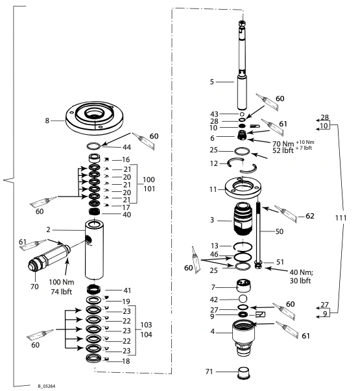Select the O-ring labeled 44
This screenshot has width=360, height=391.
click(x=94, y=146)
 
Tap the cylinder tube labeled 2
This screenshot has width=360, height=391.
click(x=94, y=250)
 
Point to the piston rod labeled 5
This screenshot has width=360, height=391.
click(x=242, y=65)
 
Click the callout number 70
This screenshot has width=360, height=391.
click(x=34, y=287)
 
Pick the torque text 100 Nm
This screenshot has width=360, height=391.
click(x=62, y=282)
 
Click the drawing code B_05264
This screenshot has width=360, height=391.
click(x=47, y=386)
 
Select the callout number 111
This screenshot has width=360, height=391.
click(x=341, y=218)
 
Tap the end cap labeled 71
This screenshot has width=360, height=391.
click(x=244, y=373)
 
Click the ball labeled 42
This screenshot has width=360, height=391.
click(x=243, y=298)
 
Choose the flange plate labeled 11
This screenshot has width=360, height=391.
click(x=243, y=187)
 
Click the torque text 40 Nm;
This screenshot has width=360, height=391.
click(x=301, y=272)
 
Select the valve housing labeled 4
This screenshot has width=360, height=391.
click(x=243, y=338)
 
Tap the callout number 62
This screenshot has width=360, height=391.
click(x=309, y=216)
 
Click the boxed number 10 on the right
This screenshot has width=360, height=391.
click(x=324, y=125)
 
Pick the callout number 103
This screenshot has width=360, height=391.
click(x=146, y=325)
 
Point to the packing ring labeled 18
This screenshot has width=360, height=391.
click(x=93, y=358)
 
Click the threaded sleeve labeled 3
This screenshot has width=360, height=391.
click(x=243, y=219)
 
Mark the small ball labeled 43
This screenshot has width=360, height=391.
click(x=242, y=114)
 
